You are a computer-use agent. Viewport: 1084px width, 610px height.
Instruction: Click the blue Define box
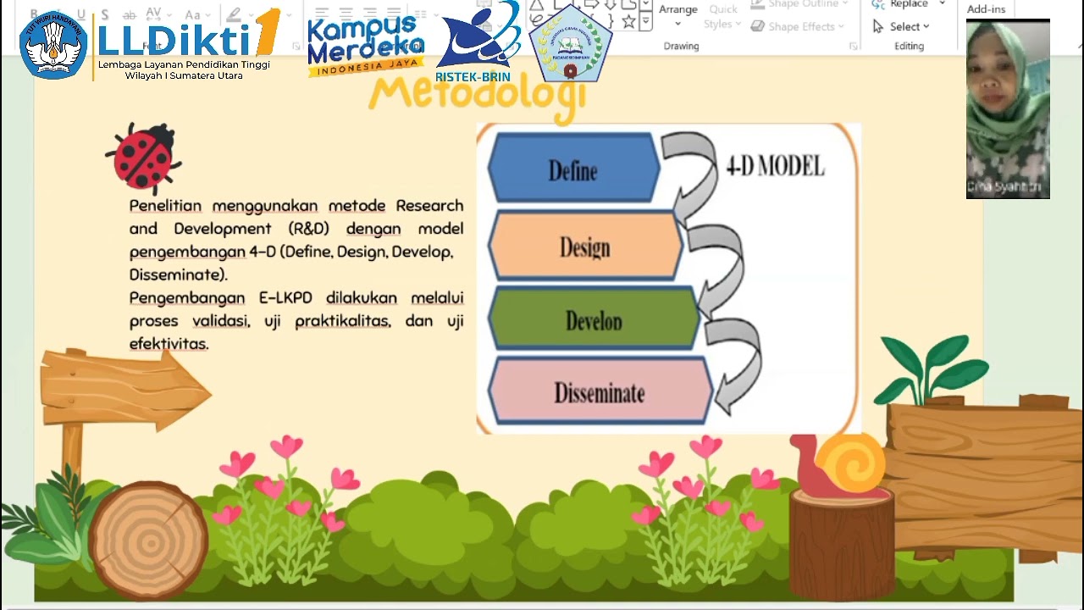pos(573,168)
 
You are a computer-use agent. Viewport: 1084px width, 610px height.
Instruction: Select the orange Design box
pos(584,246)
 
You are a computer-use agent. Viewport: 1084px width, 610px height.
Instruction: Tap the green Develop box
pos(593,319)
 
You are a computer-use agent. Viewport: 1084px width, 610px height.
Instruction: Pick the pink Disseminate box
pos(599,391)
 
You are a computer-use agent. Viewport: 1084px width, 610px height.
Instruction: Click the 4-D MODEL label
pos(775,166)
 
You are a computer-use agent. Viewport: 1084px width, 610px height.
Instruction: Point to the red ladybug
pos(144,158)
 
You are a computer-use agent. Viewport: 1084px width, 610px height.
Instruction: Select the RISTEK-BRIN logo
pos(476,42)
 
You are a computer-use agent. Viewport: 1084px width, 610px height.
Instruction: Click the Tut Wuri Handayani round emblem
pos(53,45)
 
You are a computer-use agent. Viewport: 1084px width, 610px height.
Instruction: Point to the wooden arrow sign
pos(124,389)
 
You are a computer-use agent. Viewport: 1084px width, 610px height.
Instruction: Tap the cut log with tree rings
pos(147,539)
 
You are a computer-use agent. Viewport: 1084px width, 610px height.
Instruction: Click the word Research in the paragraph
pos(429,206)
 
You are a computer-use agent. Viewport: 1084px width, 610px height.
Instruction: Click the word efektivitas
pos(169,344)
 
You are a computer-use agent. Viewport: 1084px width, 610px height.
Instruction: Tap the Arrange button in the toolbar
pos(677,10)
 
